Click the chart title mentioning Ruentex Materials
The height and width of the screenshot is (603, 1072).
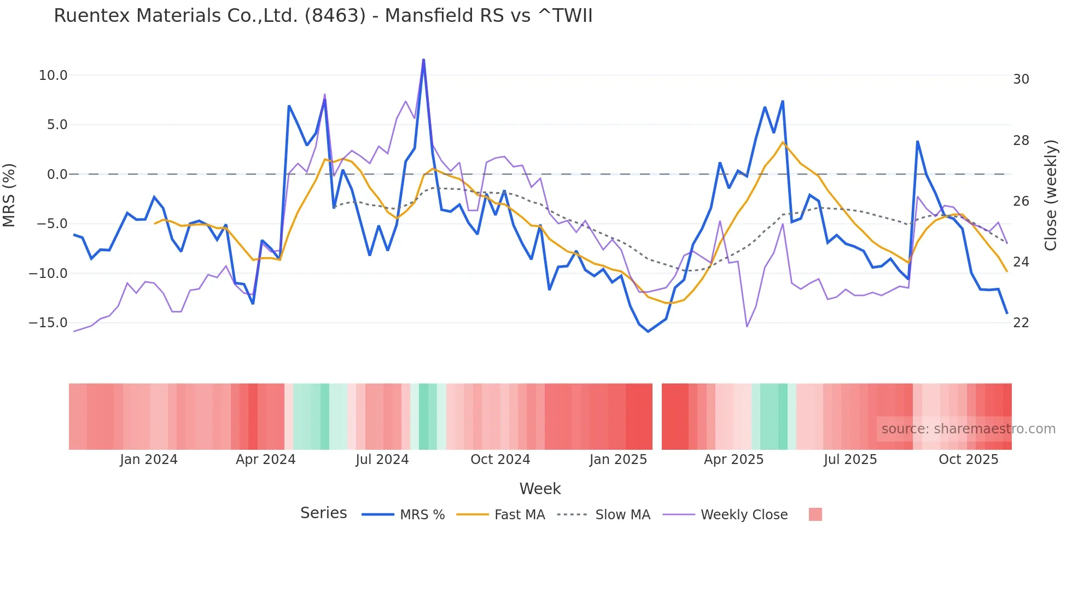pyautogui.click(x=323, y=16)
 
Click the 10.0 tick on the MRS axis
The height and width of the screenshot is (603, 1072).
pyautogui.click(x=53, y=76)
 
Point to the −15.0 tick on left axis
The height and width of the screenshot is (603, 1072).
pyautogui.click(x=48, y=323)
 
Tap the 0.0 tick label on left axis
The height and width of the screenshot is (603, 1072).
pyautogui.click(x=57, y=175)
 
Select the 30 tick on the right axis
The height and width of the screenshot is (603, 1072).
pyautogui.click(x=1021, y=79)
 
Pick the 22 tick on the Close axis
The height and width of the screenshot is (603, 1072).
pyautogui.click(x=1021, y=323)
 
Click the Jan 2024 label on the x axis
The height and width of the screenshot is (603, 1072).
pyautogui.click(x=149, y=460)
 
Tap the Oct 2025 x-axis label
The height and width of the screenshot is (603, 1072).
pyautogui.click(x=968, y=460)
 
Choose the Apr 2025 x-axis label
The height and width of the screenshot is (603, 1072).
pyautogui.click(x=733, y=460)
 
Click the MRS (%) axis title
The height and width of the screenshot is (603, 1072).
pyautogui.click(x=9, y=195)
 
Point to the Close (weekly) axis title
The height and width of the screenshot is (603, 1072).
pyautogui.click(x=1050, y=195)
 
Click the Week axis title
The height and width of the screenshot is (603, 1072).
pyautogui.click(x=540, y=489)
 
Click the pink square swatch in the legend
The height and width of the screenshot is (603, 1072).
pyautogui.click(x=815, y=515)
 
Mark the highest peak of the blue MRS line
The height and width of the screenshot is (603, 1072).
pyautogui.click(x=423, y=60)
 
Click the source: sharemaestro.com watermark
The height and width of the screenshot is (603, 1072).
pyautogui.click(x=968, y=429)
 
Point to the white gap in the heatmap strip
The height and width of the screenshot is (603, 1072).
pyautogui.click(x=657, y=416)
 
